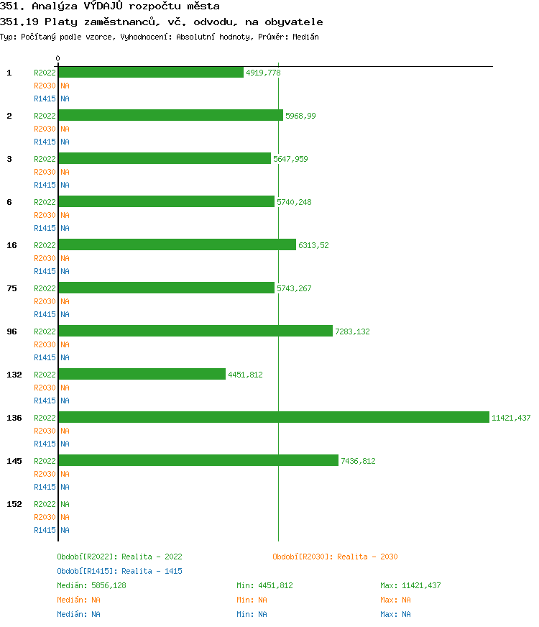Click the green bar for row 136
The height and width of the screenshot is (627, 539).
click(x=273, y=417)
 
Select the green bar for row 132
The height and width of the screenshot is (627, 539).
click(x=142, y=374)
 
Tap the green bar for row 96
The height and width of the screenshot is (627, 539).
click(x=195, y=331)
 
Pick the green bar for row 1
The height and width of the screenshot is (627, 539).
click(x=151, y=72)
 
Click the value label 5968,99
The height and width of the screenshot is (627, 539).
click(x=300, y=116)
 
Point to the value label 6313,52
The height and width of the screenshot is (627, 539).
click(x=313, y=245)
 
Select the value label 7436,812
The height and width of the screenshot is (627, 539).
click(x=358, y=461)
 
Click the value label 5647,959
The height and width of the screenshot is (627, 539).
click(x=290, y=159)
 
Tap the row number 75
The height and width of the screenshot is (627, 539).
click(x=11, y=288)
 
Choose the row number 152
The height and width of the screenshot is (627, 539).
click(x=14, y=504)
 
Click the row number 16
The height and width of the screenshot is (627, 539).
click(x=11, y=245)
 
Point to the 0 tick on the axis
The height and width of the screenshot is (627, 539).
click(x=58, y=58)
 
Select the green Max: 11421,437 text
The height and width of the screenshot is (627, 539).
click(x=410, y=585)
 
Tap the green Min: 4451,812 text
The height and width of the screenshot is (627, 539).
click(x=264, y=585)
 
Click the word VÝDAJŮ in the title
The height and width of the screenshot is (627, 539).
click(x=101, y=6)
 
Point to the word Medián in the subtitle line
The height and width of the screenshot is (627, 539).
click(x=306, y=37)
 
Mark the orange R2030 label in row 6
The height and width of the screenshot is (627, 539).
click(x=45, y=215)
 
